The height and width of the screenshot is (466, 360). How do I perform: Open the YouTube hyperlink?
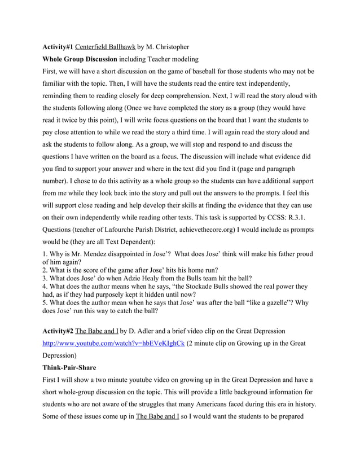point(113,344)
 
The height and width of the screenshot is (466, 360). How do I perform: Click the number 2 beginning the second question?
point(45,270)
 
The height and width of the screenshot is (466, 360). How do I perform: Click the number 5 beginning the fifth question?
point(45,302)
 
